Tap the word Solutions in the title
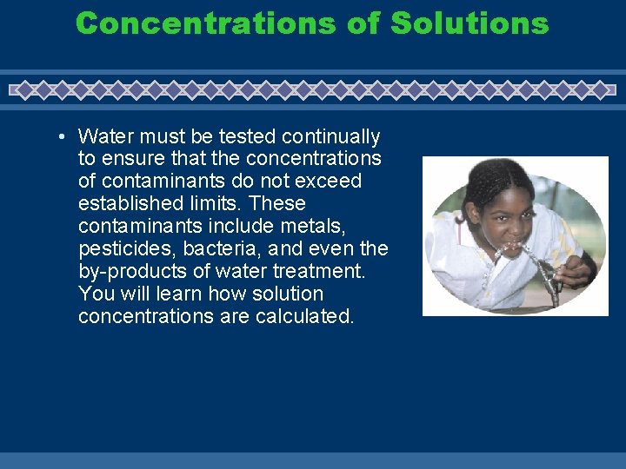point(469,23)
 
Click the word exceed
point(330,182)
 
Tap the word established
point(124,204)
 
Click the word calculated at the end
point(304,317)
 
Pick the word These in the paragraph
point(280,204)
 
